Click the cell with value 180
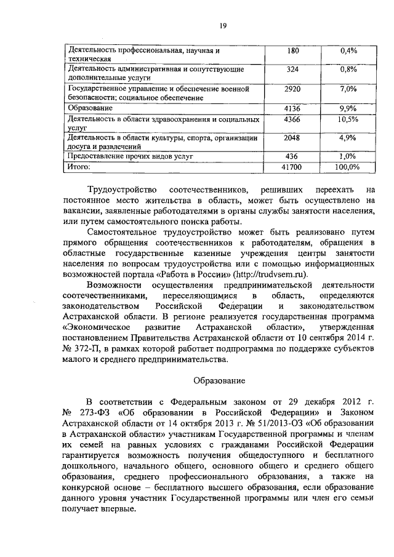[x=292, y=50]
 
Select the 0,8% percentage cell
[x=348, y=70]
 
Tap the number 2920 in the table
[x=292, y=89]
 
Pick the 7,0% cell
[x=348, y=89]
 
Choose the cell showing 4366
[x=292, y=119]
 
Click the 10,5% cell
[x=348, y=119]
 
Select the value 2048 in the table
[x=292, y=138]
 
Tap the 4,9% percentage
[x=348, y=138]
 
